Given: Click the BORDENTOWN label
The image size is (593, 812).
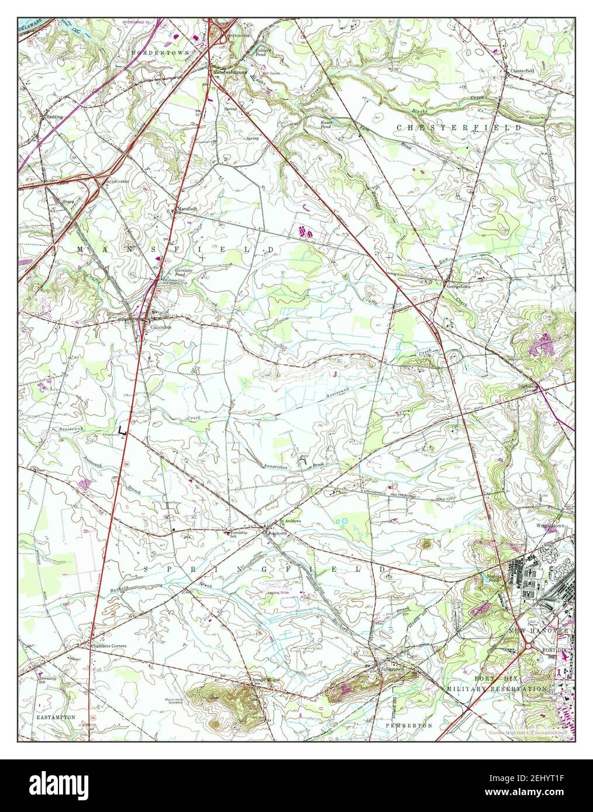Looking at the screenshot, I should pyautogui.click(x=152, y=52).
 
